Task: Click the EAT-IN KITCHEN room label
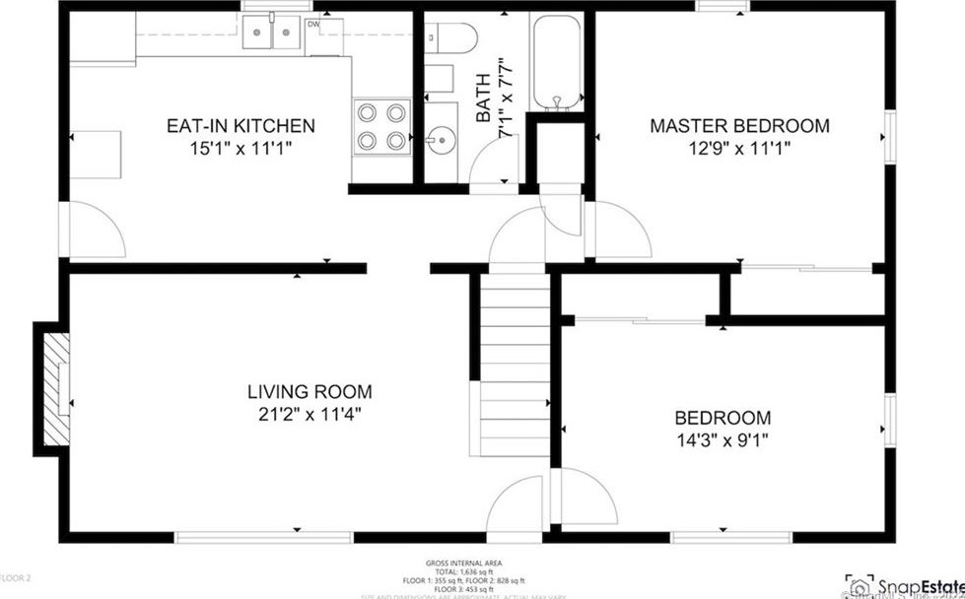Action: coord(241,126)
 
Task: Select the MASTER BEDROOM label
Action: coord(738,126)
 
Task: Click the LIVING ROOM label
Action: coord(310,391)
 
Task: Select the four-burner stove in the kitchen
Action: coord(382,125)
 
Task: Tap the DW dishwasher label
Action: coord(313,24)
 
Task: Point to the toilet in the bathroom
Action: coord(451,38)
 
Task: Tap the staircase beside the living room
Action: coord(513,365)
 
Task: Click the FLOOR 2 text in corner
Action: coord(17,577)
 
